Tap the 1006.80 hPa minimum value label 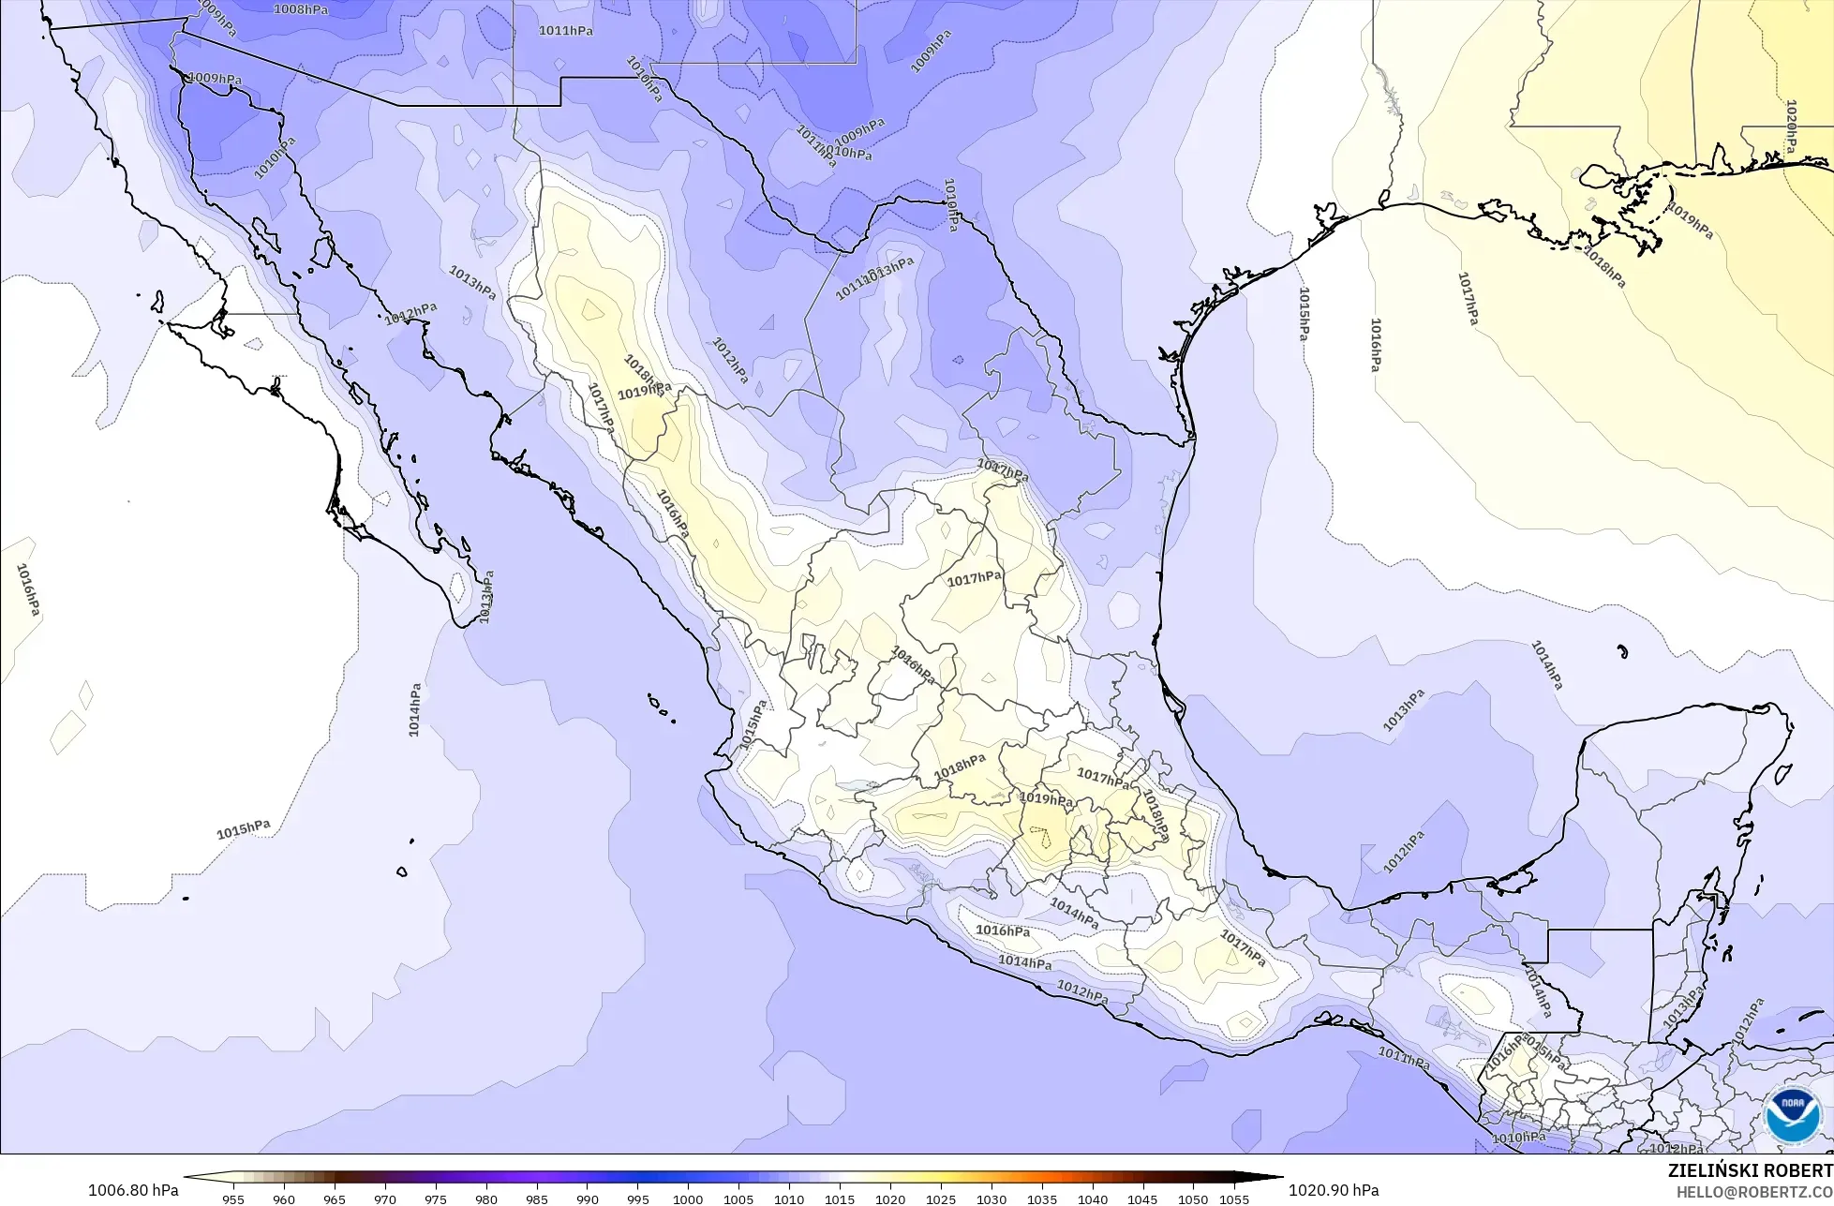tap(133, 1190)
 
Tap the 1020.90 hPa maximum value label tap(1334, 1190)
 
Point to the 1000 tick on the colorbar tap(688, 1199)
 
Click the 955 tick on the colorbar tap(233, 1199)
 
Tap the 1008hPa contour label tap(301, 9)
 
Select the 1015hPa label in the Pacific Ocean tap(244, 830)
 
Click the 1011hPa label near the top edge tap(565, 31)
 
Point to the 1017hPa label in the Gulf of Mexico tap(1468, 299)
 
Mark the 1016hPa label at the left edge tap(28, 589)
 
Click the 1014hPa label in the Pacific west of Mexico tap(415, 709)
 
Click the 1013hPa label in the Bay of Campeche tap(1404, 709)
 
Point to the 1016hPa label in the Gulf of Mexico tap(1375, 345)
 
